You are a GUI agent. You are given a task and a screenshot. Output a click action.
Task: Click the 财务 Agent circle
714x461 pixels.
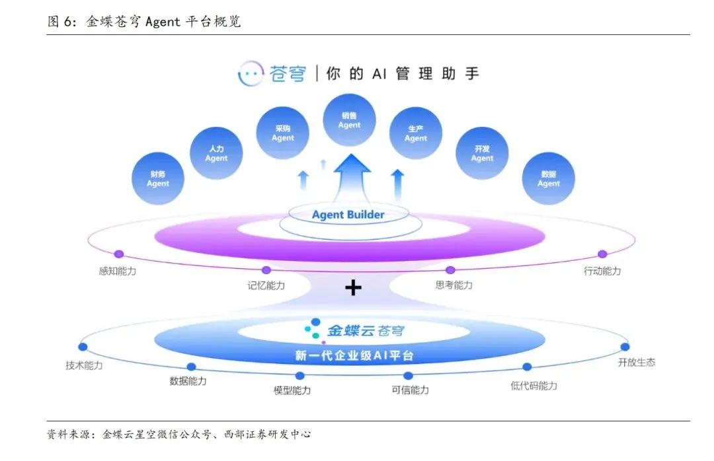coord(158,178)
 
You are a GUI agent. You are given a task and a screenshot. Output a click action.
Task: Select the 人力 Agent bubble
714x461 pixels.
coord(216,153)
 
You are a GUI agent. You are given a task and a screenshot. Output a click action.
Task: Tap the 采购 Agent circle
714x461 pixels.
coord(283,133)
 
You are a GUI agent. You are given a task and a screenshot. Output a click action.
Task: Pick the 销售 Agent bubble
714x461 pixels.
coord(349,120)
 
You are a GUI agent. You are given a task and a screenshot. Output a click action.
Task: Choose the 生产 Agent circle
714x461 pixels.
coord(415,133)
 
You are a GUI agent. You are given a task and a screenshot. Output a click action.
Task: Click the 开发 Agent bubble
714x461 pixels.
coord(482,153)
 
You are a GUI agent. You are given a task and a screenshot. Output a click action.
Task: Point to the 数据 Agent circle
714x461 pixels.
coord(548,178)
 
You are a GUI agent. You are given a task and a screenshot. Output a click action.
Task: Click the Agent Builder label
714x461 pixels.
coord(348,215)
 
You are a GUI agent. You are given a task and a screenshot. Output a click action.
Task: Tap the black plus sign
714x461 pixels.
coord(354,287)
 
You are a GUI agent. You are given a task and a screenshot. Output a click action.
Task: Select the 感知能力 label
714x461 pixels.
coord(117,271)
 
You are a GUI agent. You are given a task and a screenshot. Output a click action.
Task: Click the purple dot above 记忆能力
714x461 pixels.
coord(266,269)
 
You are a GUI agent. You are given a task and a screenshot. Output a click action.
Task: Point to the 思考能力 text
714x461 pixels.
coord(454,285)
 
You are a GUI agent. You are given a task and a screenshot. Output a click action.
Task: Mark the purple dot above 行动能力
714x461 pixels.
coord(602,254)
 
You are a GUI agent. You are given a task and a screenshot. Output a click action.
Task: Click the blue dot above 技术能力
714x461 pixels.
coord(83,347)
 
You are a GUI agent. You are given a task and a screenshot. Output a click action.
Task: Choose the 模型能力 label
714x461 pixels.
coord(292,390)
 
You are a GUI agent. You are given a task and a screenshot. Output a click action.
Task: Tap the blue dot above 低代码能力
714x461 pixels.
coord(527,367)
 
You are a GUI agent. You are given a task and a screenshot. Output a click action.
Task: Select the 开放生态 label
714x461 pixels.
coord(637,363)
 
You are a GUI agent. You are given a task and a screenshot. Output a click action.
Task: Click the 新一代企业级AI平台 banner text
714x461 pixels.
coord(354,356)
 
